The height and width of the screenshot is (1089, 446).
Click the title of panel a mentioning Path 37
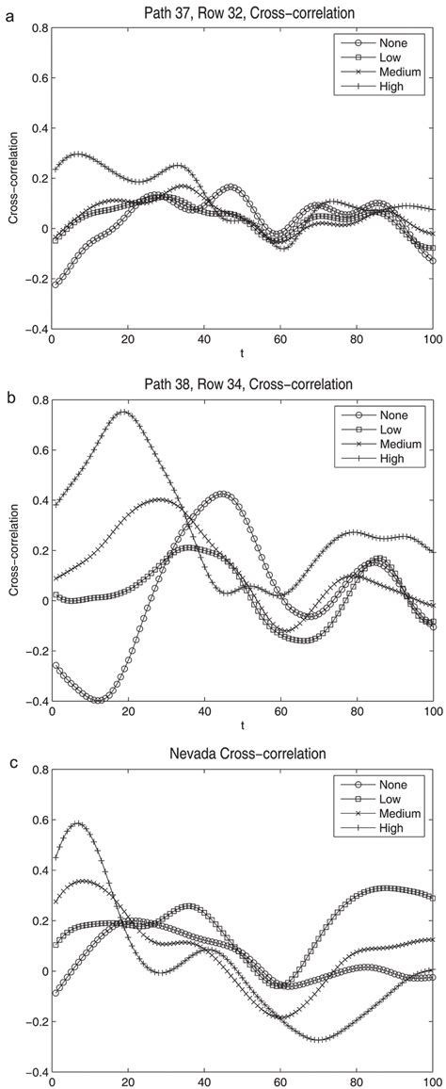click(x=242, y=11)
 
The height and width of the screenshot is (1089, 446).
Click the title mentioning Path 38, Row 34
click(x=242, y=383)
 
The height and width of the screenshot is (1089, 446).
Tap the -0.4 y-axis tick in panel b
click(x=33, y=702)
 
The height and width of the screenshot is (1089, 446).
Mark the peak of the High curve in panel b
click(x=123, y=411)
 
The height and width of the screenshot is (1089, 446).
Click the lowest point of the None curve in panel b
click(x=97, y=700)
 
